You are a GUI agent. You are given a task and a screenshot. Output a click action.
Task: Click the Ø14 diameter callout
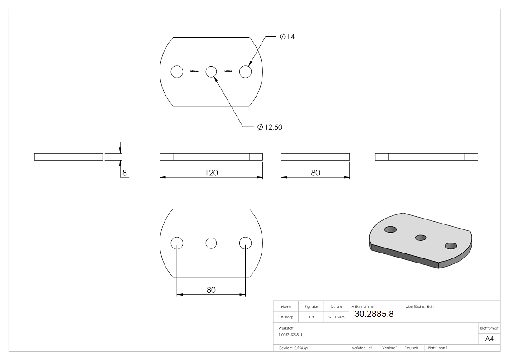[287, 37]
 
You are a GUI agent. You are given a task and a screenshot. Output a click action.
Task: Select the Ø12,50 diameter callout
[270, 127]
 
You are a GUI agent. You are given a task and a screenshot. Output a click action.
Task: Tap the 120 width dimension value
[211, 173]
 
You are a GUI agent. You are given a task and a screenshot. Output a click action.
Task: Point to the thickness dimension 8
[123, 173]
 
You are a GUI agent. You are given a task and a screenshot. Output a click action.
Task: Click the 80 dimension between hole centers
[211, 290]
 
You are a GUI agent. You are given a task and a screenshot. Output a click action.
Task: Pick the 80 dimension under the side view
[315, 173]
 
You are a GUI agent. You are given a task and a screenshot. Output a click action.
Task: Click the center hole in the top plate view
[211, 72]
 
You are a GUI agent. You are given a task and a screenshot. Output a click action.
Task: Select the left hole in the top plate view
[177, 72]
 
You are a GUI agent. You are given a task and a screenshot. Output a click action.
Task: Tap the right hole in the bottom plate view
[245, 243]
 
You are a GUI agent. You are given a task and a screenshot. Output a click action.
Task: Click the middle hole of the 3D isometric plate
[421, 237]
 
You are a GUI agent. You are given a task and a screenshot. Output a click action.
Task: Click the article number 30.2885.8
[373, 314]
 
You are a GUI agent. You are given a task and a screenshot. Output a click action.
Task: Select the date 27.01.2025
[336, 317]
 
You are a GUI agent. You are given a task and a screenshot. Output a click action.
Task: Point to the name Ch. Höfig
[286, 317]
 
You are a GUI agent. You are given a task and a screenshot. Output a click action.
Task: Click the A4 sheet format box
[490, 339]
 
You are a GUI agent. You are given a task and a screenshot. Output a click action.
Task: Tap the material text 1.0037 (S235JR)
[291, 334]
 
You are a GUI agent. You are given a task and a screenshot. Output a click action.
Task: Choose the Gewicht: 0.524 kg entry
[293, 348]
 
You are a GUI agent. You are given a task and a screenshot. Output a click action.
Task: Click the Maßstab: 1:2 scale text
[362, 348]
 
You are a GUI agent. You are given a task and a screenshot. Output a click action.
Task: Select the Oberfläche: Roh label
[419, 307]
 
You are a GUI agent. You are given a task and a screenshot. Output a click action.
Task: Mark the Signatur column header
[311, 307]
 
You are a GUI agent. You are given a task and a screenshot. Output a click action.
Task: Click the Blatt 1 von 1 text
[438, 348]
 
